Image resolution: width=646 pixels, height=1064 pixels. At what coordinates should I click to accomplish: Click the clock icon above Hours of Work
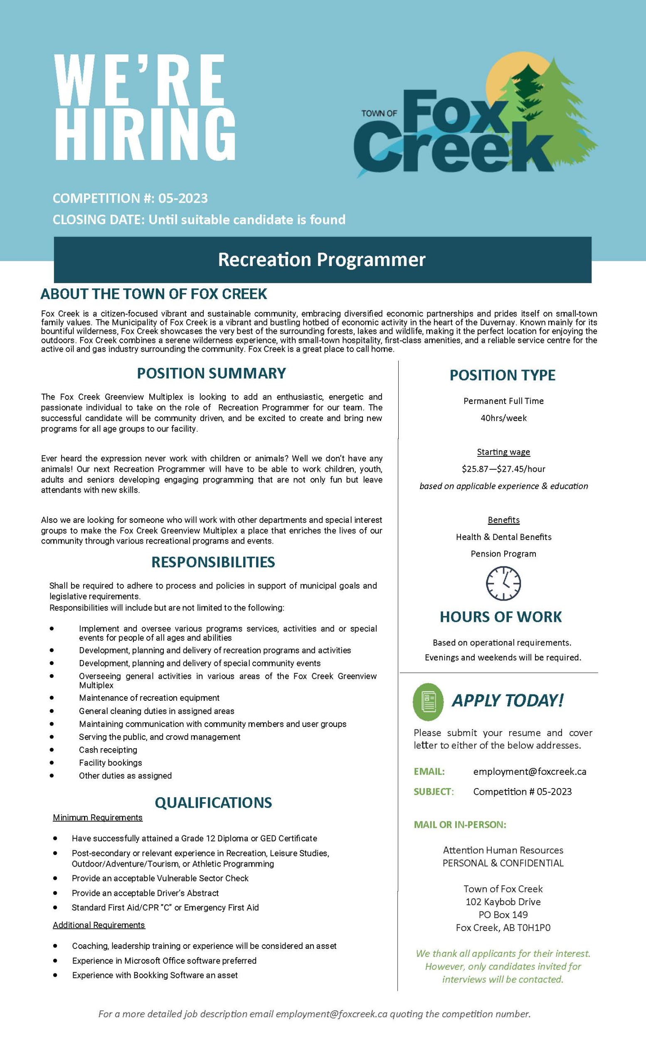503,583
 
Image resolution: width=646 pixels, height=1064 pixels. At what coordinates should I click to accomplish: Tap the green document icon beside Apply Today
428,702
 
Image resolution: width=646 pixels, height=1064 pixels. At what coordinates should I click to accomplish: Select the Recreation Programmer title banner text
322,259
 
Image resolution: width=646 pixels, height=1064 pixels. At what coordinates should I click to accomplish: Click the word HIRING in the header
145,133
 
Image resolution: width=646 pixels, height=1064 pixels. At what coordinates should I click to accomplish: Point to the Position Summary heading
211,373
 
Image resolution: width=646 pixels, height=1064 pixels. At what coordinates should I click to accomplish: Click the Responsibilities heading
213,562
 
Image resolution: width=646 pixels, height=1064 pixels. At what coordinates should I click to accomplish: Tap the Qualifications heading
213,802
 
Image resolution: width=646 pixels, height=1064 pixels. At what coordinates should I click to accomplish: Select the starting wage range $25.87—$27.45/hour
503,469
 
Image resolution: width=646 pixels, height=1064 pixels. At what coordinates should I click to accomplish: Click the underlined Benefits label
503,520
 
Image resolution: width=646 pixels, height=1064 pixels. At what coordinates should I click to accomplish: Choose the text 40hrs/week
503,418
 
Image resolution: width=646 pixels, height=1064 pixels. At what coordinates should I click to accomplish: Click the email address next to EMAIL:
530,771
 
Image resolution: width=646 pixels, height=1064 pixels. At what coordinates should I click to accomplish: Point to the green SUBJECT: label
434,791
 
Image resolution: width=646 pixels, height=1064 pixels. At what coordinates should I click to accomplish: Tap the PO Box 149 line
503,915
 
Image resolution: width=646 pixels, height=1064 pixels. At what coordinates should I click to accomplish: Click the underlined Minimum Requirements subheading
98,818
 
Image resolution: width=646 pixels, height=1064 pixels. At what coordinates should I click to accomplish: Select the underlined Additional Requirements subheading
99,925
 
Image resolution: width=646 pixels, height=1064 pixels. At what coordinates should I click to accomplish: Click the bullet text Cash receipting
108,750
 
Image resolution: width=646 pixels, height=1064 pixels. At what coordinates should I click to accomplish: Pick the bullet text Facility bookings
110,763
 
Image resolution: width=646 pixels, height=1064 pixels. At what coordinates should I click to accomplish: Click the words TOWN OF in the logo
379,113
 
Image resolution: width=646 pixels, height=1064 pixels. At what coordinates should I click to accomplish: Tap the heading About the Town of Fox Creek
154,294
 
